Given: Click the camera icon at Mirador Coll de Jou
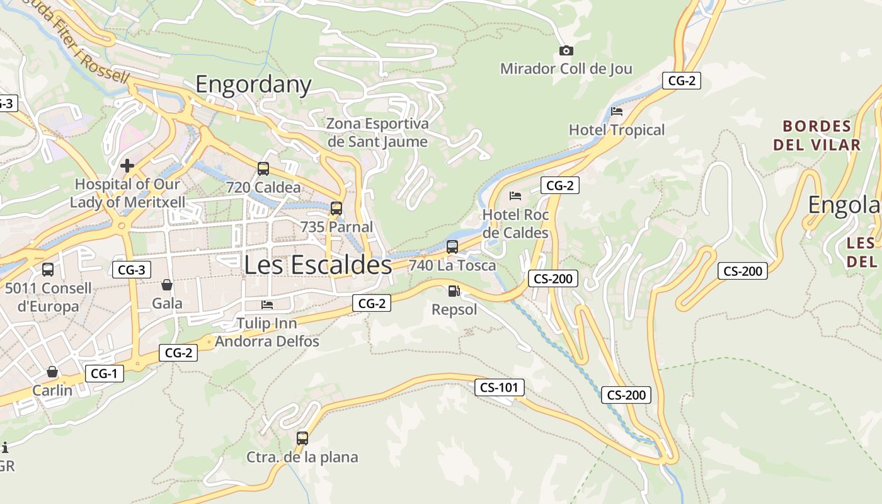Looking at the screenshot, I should (x=566, y=50).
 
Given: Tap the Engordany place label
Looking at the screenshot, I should (x=253, y=84).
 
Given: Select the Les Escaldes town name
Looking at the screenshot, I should (x=318, y=265).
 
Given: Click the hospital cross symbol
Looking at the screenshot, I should (x=127, y=166).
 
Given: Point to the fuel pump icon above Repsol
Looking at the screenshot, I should (x=454, y=291).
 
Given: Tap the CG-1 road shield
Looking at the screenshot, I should (x=104, y=374).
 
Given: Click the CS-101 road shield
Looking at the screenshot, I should (x=499, y=387).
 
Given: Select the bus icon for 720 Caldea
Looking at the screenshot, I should (x=263, y=169).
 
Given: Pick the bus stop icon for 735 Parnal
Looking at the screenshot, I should (x=336, y=209).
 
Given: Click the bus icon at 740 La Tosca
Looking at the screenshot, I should (x=452, y=247).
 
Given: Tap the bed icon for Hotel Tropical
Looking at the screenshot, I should (x=617, y=112).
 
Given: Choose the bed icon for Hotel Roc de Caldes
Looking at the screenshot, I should (x=515, y=196).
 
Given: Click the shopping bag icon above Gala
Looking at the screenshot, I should (x=167, y=285).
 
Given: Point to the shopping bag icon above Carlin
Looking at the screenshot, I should (x=52, y=372).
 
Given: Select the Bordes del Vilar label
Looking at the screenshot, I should (x=816, y=135).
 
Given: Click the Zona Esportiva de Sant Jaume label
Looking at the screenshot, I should (x=377, y=132).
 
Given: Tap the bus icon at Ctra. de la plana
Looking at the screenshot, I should (x=302, y=438).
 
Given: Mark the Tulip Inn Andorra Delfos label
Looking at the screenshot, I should (x=267, y=333).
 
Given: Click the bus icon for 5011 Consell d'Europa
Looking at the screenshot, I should (x=48, y=270).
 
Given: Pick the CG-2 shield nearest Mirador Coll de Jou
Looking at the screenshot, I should (x=681, y=81).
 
